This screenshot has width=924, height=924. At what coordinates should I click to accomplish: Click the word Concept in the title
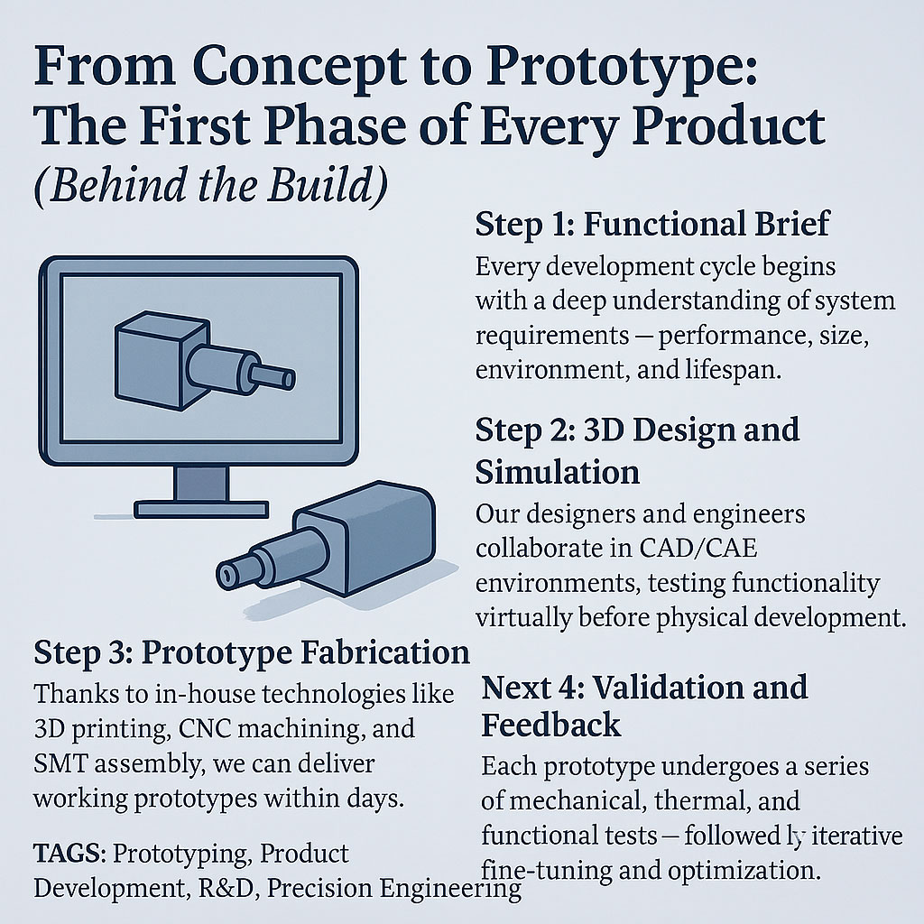300,66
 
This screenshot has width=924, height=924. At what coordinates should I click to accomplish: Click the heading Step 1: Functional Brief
652,225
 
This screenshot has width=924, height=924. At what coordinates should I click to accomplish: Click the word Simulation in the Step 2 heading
558,473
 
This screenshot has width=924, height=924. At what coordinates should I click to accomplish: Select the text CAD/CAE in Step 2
698,548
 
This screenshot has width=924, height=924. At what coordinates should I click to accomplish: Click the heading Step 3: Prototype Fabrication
252,652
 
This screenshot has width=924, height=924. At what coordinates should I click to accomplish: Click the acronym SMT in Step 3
60,763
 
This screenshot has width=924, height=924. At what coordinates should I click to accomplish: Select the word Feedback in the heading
551,725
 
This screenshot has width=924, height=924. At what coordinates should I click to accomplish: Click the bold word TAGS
67,854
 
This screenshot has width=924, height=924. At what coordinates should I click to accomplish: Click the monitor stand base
201,509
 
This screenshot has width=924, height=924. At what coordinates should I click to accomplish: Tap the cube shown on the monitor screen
161,359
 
